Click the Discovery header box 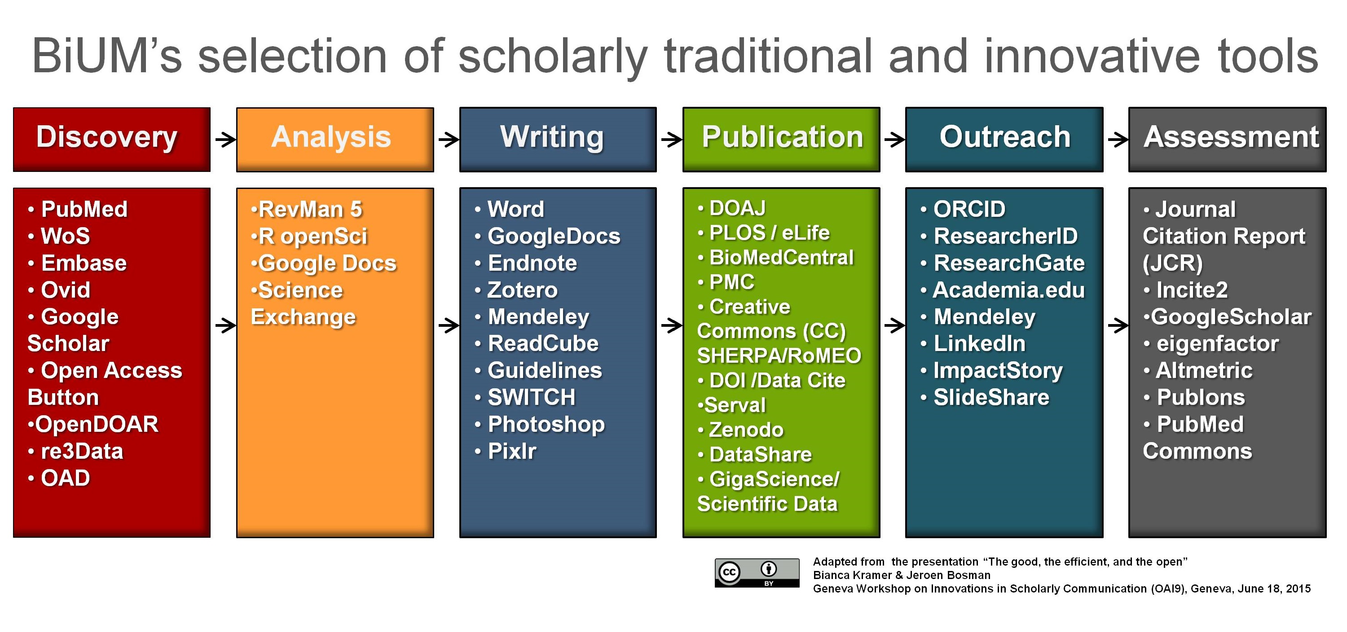coord(112,140)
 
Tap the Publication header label coord(782,137)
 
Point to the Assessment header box coord(1227,140)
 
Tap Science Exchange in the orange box coord(303,303)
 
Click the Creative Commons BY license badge coord(757,573)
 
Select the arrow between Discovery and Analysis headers coord(226,140)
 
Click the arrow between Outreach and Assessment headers coord(1118,140)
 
